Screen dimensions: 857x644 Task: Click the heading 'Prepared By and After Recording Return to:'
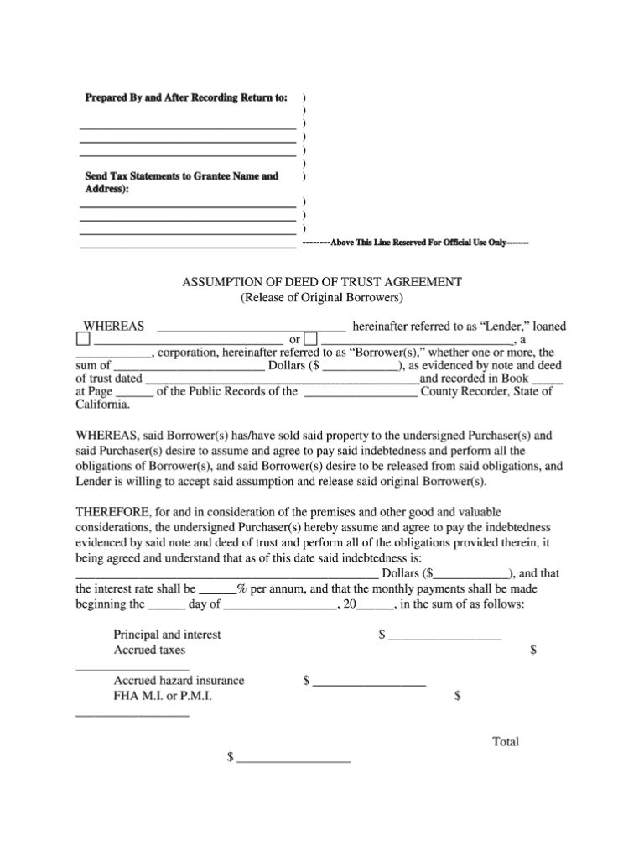[x=186, y=98]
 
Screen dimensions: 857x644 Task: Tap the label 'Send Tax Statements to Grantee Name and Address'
[x=181, y=183]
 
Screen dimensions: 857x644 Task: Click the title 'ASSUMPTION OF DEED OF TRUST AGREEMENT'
[x=322, y=282]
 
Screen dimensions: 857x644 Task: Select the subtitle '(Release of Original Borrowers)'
[x=322, y=297]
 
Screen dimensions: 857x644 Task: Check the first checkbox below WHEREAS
[x=82, y=340]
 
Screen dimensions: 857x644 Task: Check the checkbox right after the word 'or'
[x=310, y=340]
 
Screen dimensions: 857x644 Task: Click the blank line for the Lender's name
[x=252, y=327]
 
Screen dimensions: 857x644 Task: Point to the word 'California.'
[x=103, y=405]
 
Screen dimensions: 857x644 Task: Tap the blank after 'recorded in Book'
[x=548, y=379]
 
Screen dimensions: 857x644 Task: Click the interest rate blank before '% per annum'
[x=218, y=589]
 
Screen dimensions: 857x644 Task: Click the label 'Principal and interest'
[x=168, y=635]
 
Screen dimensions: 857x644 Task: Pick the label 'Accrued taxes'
[x=150, y=650]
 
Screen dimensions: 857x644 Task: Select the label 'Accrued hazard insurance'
[x=179, y=681]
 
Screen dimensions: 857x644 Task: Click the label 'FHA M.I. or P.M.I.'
[x=163, y=696]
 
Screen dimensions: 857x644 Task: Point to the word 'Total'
[x=506, y=742]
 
